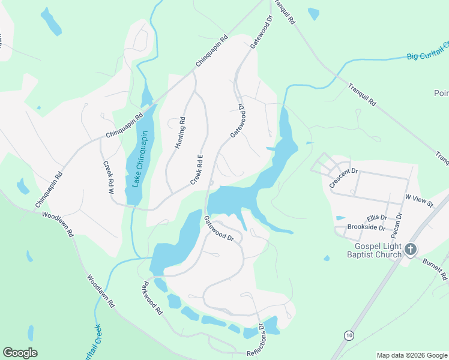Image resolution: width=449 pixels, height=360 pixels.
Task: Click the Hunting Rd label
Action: pyautogui.click(x=179, y=133)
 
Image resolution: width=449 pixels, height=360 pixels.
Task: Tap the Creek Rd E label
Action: pyautogui.click(x=197, y=169)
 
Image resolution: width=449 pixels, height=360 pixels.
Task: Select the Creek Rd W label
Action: pyautogui.click(x=109, y=178)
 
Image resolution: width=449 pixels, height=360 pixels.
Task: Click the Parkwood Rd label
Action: pyautogui.click(x=152, y=298)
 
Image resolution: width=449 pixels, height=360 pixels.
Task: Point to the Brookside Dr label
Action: pyautogui.click(x=366, y=227)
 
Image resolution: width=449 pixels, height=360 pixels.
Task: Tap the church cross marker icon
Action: pyautogui.click(x=411, y=249)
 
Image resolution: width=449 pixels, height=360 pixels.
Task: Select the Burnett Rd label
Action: pyautogui.click(x=435, y=269)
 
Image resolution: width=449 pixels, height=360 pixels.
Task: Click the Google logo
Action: pyautogui.click(x=20, y=352)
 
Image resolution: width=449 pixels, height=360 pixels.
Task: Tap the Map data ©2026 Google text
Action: pyautogui.click(x=411, y=355)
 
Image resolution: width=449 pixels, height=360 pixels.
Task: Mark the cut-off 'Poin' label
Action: pyautogui.click(x=441, y=93)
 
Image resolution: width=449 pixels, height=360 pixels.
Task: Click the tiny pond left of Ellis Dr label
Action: pyautogui.click(x=340, y=218)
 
